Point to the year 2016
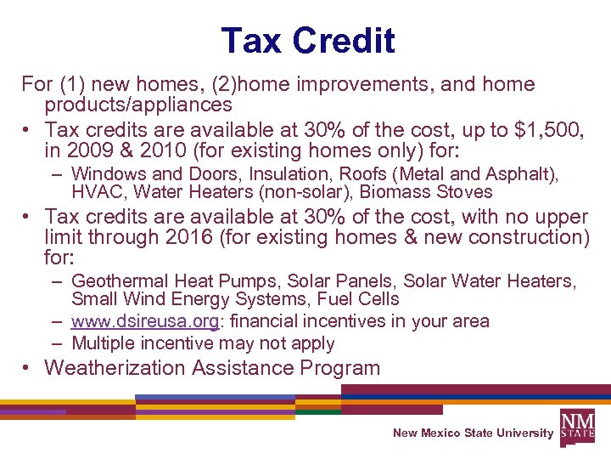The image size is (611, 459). [185, 237]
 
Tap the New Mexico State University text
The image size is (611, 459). [473, 433]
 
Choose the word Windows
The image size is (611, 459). [106, 174]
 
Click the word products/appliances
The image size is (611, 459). [138, 105]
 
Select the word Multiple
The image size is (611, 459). [103, 343]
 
